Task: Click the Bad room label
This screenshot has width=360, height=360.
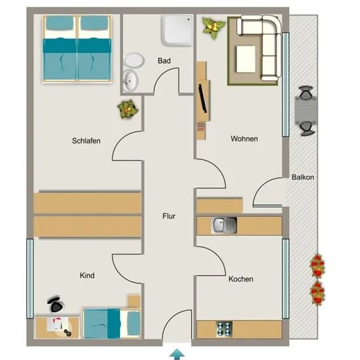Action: pos(164,61)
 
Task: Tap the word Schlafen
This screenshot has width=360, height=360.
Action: pos(86,141)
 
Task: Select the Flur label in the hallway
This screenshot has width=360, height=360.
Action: pos(169,216)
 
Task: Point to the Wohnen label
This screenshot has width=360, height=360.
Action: pos(244,139)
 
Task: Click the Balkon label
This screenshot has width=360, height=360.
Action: pos(303,177)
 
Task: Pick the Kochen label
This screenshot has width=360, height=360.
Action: pos(241,279)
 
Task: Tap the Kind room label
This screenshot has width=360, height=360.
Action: pos(87,276)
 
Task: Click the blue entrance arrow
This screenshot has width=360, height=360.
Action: pos(177,354)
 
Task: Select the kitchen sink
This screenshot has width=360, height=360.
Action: pos(225,225)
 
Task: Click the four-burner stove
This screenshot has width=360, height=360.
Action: pos(225,329)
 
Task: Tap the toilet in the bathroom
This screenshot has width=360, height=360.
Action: pos(134,60)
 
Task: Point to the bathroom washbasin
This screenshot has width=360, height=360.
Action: pos(130,81)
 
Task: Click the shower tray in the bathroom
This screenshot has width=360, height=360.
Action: pos(177,30)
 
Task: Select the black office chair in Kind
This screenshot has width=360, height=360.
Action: pos(56,304)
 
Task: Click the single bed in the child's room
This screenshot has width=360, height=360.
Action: pos(112,323)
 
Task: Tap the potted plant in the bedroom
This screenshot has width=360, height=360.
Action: pos(128,109)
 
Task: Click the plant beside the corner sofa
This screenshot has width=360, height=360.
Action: pos(214,27)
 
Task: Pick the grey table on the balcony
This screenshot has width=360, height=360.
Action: pos(306,111)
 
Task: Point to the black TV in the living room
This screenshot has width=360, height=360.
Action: pos(203,99)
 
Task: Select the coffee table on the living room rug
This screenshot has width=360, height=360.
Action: pos(246,59)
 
